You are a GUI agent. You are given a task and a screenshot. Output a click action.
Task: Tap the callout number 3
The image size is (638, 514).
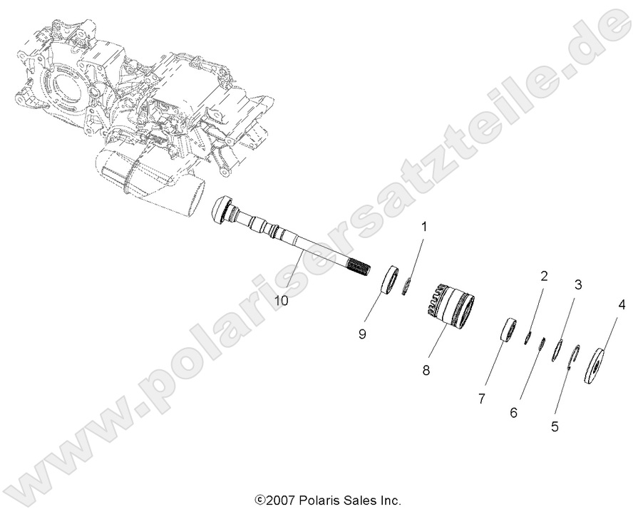(x=578, y=284)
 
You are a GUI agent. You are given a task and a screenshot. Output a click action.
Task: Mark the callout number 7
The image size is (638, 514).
(x=481, y=399)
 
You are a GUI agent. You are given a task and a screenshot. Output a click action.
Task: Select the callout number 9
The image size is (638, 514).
(x=362, y=334)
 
